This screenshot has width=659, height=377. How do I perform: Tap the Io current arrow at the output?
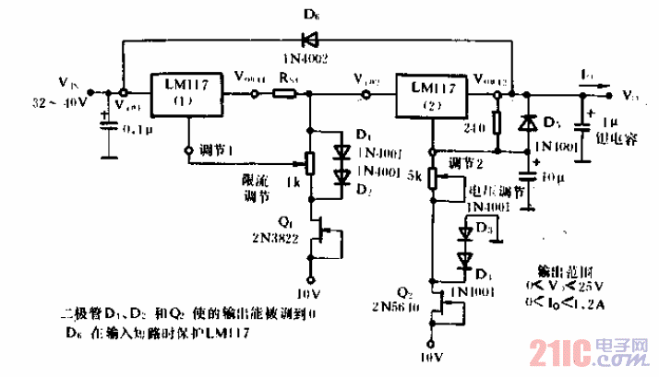[595, 92]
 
